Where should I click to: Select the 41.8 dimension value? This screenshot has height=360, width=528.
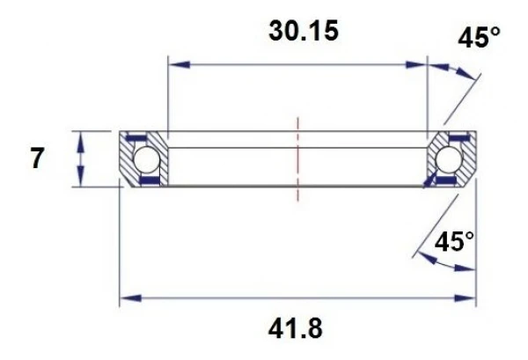(297, 328)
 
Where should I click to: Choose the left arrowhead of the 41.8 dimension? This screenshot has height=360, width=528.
(126, 299)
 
